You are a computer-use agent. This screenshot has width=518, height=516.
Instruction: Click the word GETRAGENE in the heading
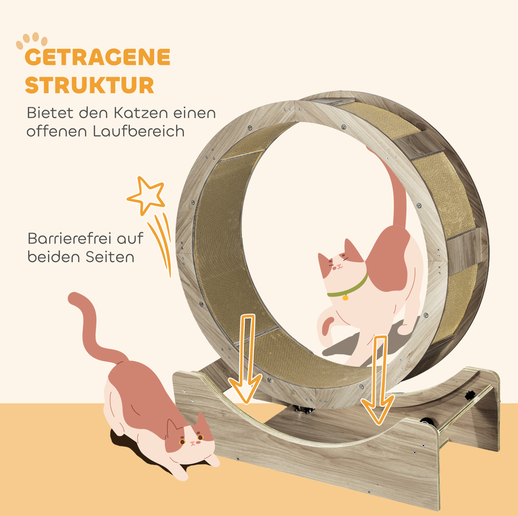click(98, 57)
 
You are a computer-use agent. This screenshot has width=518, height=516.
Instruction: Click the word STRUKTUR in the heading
click(90, 85)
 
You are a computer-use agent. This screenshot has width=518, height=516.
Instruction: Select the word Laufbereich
click(139, 131)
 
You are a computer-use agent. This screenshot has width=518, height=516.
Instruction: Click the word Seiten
click(110, 257)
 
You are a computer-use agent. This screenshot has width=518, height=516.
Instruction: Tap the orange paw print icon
click(32, 41)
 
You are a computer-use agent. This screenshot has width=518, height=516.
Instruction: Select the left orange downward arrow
click(245, 359)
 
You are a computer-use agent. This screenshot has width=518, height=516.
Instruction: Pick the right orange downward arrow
click(378, 380)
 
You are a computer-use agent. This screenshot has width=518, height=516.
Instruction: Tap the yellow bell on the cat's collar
click(345, 297)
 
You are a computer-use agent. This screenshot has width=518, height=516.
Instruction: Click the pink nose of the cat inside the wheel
click(339, 266)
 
